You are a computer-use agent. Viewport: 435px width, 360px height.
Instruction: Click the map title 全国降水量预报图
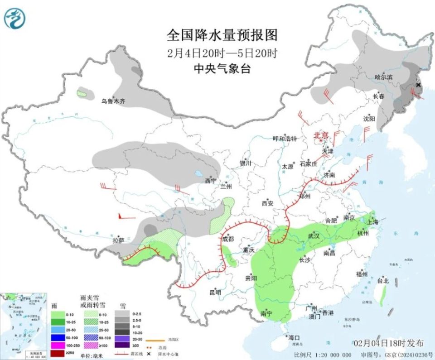click(x=222, y=35)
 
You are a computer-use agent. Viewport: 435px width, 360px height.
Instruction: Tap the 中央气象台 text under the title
click(x=222, y=68)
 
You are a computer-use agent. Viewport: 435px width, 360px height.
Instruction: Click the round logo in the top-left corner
click(x=15, y=18)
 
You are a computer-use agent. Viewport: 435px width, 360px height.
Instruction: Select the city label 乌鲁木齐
click(x=113, y=101)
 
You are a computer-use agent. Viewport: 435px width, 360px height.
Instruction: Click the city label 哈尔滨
click(x=384, y=77)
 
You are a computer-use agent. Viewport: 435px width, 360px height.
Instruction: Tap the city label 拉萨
click(x=118, y=240)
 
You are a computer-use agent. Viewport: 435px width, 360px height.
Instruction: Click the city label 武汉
click(x=314, y=236)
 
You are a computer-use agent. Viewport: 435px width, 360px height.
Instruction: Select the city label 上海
click(x=373, y=222)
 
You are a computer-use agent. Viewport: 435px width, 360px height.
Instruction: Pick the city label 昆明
click(x=215, y=293)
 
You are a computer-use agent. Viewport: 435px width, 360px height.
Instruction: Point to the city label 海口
click(x=294, y=338)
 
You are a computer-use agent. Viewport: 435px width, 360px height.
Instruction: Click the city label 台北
click(x=383, y=281)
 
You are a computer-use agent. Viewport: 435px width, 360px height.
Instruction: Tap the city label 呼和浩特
click(x=285, y=139)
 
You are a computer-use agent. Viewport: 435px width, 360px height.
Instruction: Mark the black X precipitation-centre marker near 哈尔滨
click(x=418, y=85)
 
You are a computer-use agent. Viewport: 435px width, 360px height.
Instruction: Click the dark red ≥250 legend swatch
click(x=58, y=353)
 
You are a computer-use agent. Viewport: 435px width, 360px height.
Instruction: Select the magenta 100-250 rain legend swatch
click(x=58, y=345)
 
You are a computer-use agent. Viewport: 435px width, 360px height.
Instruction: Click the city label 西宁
click(x=211, y=181)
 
